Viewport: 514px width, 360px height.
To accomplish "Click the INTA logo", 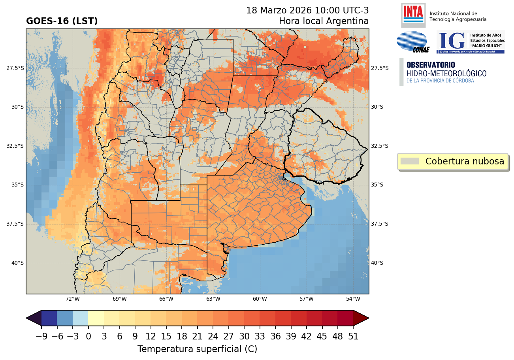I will tap(413, 15).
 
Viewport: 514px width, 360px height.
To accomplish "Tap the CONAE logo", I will tap(412, 42).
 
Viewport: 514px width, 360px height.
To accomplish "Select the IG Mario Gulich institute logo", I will tap(471, 42).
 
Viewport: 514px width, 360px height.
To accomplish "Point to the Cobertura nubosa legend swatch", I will tap(409, 161).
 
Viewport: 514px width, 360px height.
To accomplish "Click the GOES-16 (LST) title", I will tap(62, 21).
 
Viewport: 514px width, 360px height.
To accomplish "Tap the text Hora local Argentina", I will tap(324, 21).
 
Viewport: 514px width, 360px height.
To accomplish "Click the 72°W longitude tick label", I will tap(73, 299).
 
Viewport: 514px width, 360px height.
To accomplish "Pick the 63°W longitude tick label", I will tap(213, 299).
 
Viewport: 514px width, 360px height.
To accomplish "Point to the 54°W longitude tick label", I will tap(353, 299).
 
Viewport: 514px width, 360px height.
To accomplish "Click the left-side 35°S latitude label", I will tap(15, 185).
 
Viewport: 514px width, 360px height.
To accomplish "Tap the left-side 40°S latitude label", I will tap(15, 263).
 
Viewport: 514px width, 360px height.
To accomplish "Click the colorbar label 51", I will tap(353, 337).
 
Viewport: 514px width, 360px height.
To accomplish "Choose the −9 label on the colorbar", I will tap(41, 337).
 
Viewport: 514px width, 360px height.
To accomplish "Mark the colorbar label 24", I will tap(213, 337).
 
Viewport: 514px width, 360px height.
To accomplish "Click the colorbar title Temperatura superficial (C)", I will tap(197, 349).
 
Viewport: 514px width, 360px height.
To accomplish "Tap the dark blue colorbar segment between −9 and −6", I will tap(49, 318).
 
